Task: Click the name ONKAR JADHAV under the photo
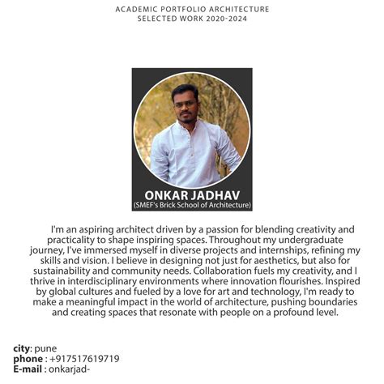coord(192,194)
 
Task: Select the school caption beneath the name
coord(192,205)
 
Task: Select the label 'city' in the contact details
coord(21,348)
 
